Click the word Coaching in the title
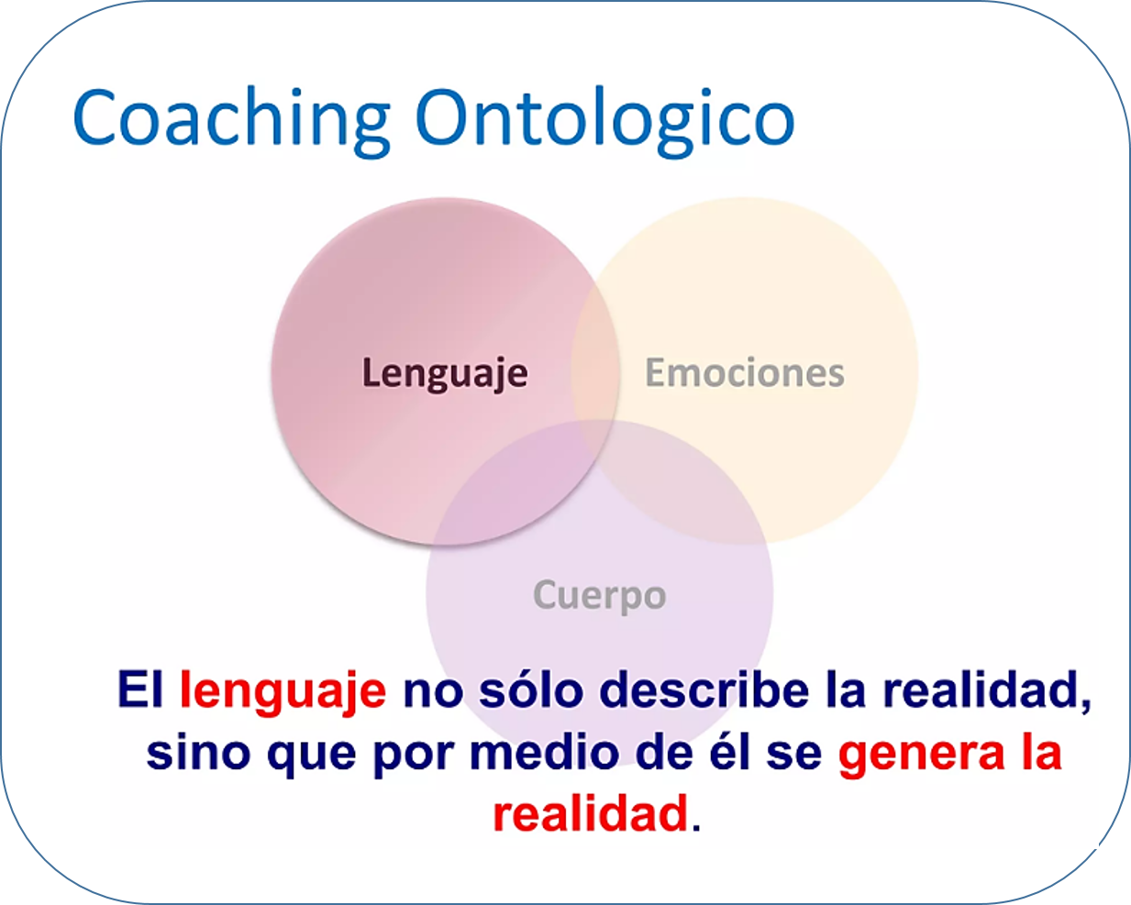(x=232, y=122)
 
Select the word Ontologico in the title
(x=604, y=122)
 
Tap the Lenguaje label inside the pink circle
(x=445, y=374)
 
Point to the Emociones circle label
(x=745, y=372)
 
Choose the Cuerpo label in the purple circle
(x=600, y=596)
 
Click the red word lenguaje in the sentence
(x=283, y=691)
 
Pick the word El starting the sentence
(x=139, y=689)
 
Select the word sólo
(x=531, y=689)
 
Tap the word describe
(x=704, y=689)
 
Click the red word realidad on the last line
(x=591, y=813)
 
